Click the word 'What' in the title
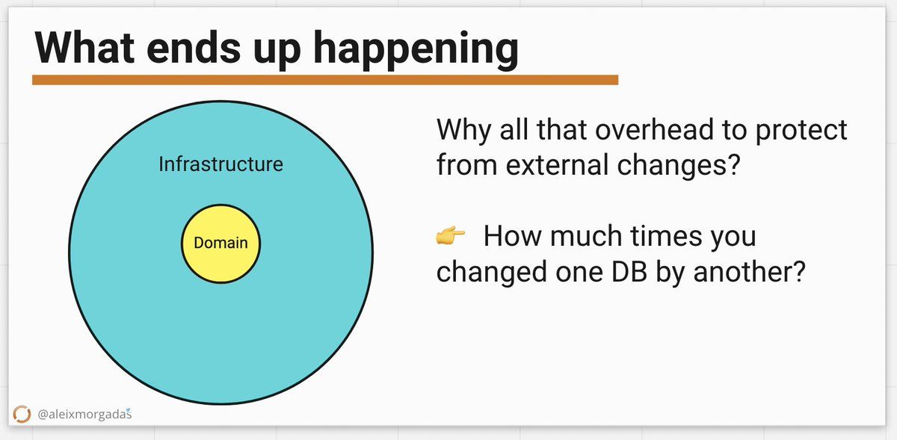point(84,48)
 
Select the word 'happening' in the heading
point(416,51)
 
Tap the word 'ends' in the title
point(194,48)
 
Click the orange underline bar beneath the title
point(325,80)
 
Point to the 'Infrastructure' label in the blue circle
point(221,164)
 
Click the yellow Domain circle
point(221,244)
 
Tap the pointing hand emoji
point(451,235)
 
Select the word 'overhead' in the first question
point(654,130)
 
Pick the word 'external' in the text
point(557,164)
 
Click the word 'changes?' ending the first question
point(679,166)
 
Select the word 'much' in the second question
point(586,235)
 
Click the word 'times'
point(666,235)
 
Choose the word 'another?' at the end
point(749,271)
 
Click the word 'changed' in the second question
point(491,272)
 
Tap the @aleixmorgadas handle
point(84,414)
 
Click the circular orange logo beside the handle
point(22,414)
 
